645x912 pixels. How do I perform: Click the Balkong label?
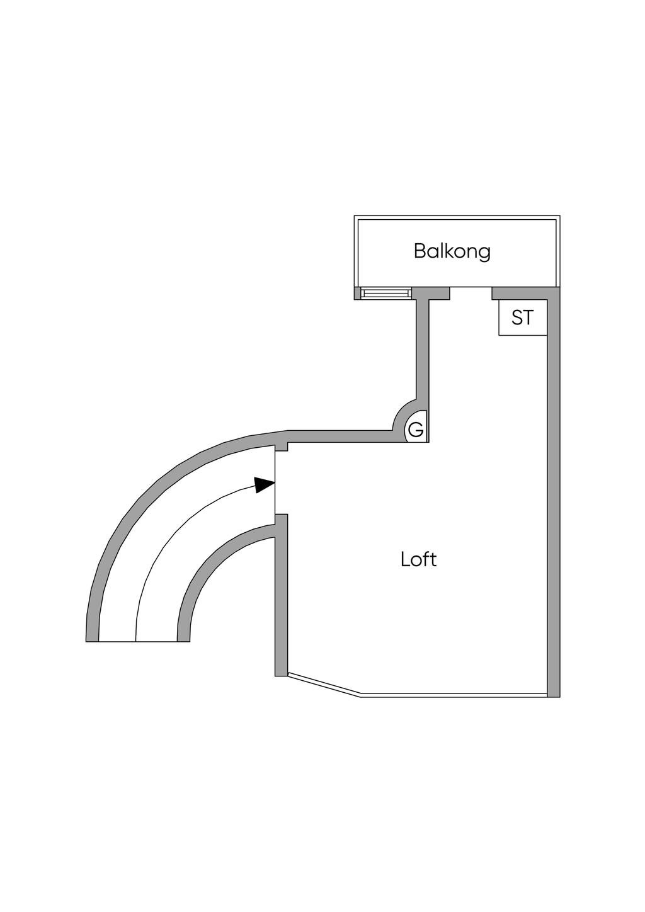pos(452,252)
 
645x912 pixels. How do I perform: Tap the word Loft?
pos(418,559)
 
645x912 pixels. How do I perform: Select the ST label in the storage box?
pos(522,317)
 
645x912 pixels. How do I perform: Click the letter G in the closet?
pos(415,430)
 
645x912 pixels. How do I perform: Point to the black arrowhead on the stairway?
pos(265,485)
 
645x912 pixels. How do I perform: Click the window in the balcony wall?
pos(386,293)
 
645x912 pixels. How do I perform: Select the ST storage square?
pos(522,317)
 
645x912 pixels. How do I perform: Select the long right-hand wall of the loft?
pos(554,491)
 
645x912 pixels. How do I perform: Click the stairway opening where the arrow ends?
pos(276,482)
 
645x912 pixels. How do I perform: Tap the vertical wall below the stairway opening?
pos(282,595)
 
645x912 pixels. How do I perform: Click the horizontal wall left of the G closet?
pos(340,436)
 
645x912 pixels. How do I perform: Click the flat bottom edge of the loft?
pos(454,695)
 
